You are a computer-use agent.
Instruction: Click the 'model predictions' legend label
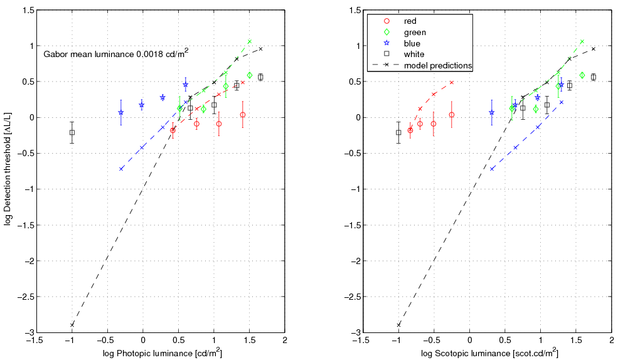coord(438,65)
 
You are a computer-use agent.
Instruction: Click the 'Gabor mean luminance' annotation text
coord(116,55)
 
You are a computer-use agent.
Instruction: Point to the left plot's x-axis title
coord(162,354)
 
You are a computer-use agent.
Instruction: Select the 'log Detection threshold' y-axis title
coord(8,171)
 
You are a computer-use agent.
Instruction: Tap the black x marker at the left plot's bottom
coord(72,324)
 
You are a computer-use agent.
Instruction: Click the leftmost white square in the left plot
coord(72,132)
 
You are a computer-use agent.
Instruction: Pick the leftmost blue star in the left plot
coord(121,113)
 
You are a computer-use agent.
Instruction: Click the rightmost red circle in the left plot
coord(243,115)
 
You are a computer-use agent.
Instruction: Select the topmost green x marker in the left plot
coord(250,41)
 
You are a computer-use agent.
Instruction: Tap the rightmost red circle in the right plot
coord(452,115)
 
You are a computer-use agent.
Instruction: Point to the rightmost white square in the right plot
coord(594,77)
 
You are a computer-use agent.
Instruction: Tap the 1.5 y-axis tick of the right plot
coord(354,11)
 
